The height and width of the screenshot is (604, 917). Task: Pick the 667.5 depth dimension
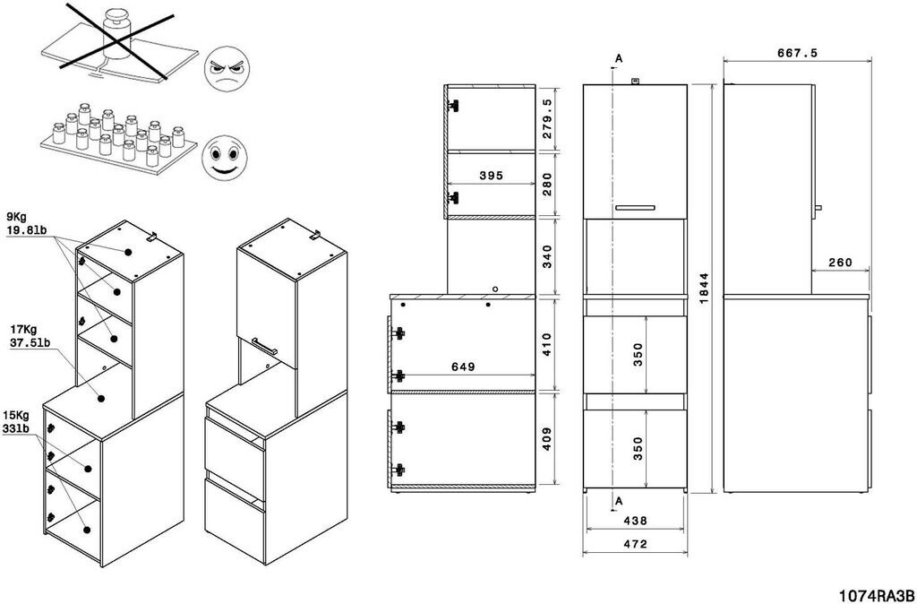tap(796, 53)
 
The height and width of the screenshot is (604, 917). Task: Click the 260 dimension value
tap(840, 263)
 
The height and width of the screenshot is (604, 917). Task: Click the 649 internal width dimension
tap(462, 367)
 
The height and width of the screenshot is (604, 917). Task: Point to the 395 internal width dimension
tap(491, 176)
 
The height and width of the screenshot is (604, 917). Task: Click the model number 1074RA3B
tap(875, 594)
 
